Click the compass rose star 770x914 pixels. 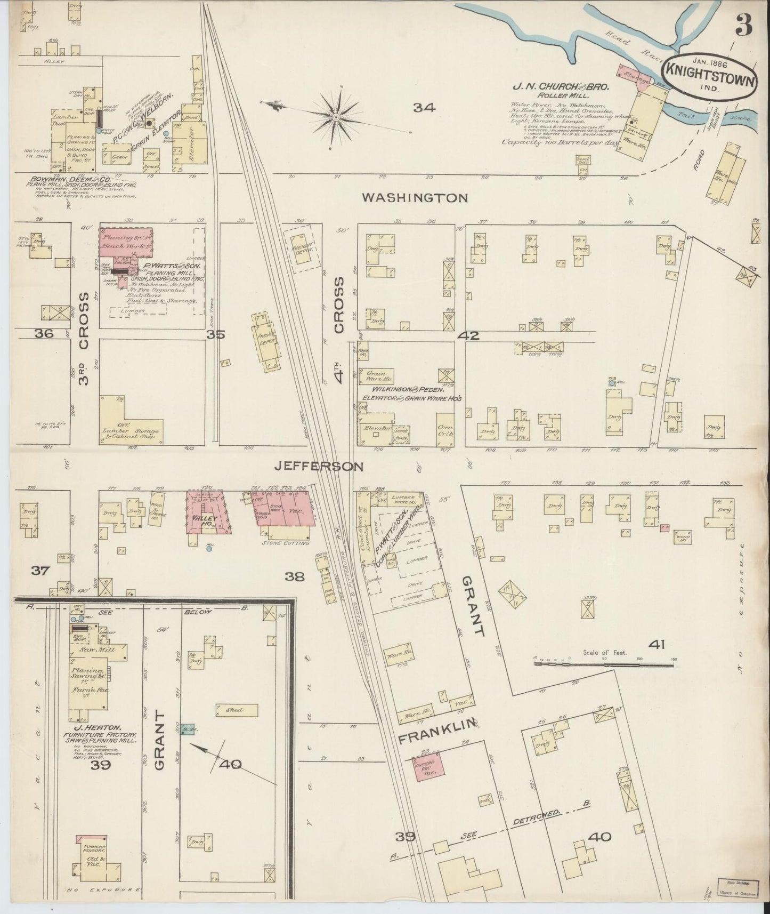click(x=337, y=116)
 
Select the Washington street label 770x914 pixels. click(x=415, y=198)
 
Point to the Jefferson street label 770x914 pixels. click(x=319, y=467)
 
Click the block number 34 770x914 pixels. click(x=424, y=108)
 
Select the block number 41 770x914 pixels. click(x=656, y=645)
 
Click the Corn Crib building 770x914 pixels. click(x=444, y=431)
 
